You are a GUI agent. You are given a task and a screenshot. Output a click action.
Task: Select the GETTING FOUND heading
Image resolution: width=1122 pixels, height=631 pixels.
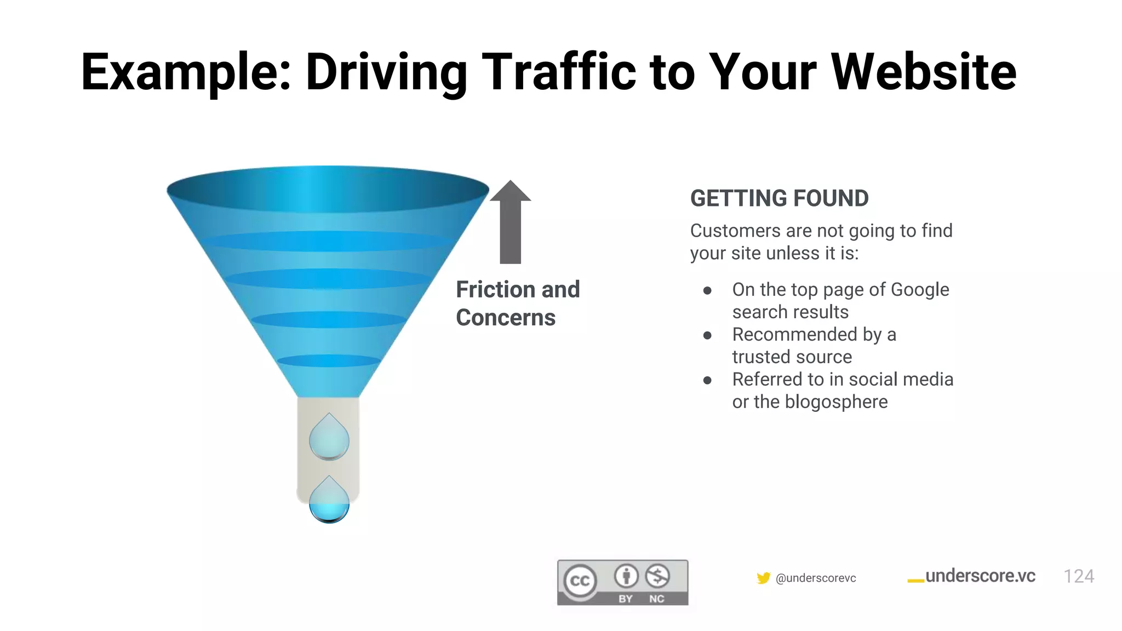click(779, 198)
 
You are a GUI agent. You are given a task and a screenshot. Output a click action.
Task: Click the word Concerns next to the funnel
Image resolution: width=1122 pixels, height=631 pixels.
click(505, 318)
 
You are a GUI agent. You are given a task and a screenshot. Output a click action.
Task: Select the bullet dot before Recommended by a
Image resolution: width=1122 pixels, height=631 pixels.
click(707, 335)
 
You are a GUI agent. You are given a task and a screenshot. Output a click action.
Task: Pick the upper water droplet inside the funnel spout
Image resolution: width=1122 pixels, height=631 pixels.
click(329, 438)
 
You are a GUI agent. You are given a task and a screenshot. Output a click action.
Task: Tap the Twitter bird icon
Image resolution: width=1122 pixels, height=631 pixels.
click(763, 578)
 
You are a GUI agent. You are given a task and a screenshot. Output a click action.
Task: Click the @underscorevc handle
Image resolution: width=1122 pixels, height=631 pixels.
click(816, 578)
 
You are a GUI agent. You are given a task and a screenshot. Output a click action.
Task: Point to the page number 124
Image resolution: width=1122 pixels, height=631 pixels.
click(1078, 577)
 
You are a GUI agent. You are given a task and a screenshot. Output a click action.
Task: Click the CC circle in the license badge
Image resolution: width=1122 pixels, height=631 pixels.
click(580, 581)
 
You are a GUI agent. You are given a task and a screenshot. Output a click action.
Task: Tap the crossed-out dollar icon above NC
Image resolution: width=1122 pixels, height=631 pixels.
click(657, 576)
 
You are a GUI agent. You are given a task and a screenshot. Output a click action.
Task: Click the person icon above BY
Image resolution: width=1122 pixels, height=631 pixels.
click(626, 576)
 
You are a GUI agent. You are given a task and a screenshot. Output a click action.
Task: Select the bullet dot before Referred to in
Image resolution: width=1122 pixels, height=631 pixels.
click(707, 380)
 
